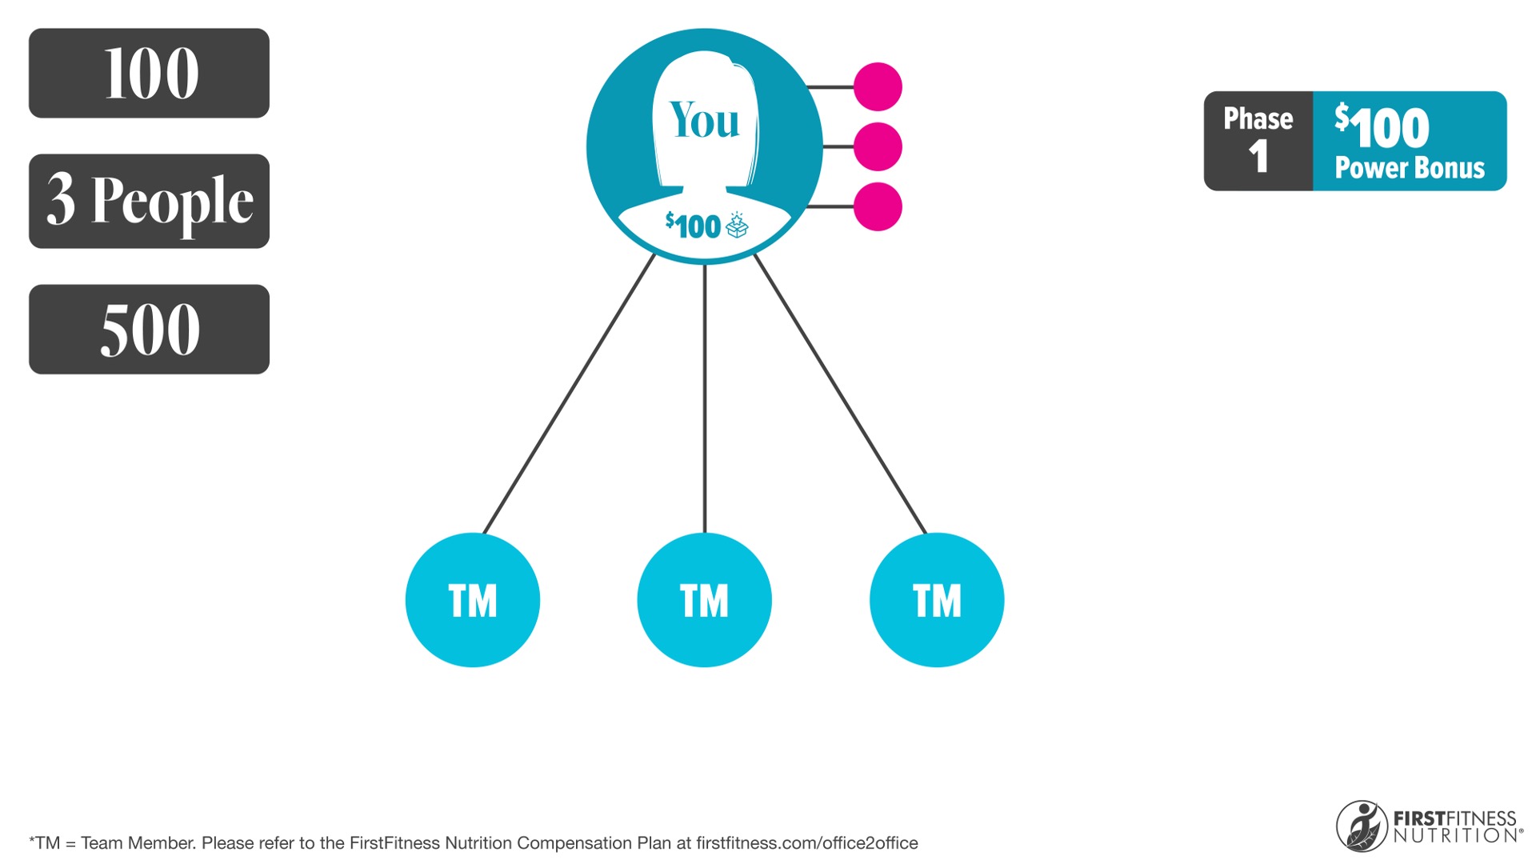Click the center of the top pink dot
(x=878, y=86)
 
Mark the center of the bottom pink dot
(x=878, y=206)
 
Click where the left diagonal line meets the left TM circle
(x=484, y=534)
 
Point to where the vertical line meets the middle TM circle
(x=705, y=533)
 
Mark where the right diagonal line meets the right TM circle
(x=926, y=534)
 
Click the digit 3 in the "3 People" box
(x=61, y=199)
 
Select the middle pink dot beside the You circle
(x=878, y=146)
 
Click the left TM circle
(x=473, y=600)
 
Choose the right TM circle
(x=937, y=600)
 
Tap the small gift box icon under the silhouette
(x=737, y=226)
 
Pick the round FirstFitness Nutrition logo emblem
(x=1362, y=826)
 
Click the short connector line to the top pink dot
(x=830, y=86)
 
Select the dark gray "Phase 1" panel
(x=1258, y=141)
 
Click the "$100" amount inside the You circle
(x=693, y=226)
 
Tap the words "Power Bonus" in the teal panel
(x=1410, y=168)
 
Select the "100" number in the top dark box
(x=151, y=74)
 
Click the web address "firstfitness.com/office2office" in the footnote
(x=807, y=843)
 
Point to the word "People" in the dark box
(x=172, y=202)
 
